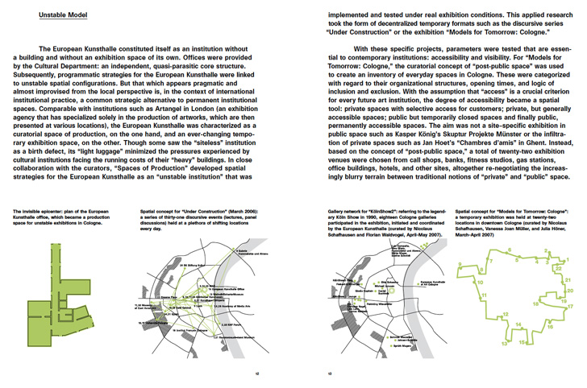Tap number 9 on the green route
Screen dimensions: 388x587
460,264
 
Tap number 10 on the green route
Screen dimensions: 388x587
479,284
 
